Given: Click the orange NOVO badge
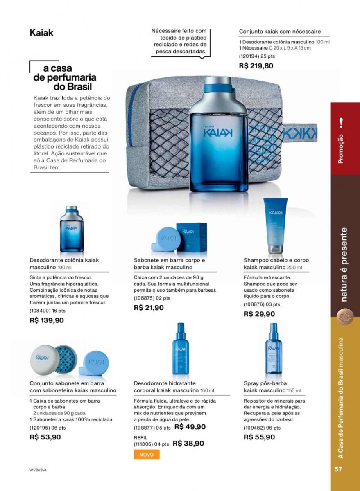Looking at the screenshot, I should click(146, 455).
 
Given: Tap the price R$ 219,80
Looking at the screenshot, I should click(256, 65).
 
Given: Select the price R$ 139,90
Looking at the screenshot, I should click(47, 320).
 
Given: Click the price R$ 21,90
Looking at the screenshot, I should click(149, 308).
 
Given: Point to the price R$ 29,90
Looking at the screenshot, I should click(259, 314).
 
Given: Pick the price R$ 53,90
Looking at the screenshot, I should click(45, 437).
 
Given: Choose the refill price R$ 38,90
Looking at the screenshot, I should click(188, 443).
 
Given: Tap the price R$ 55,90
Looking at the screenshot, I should click(259, 437).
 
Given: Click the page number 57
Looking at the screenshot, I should click(338, 469).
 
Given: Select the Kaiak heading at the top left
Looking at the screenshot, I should click(41, 32).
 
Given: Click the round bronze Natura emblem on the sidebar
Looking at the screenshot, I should click(343, 317).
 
